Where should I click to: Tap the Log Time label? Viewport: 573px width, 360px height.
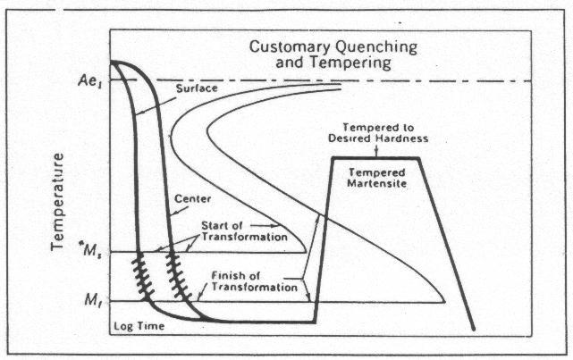coord(133,328)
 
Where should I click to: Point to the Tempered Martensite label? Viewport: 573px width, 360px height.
coord(374,179)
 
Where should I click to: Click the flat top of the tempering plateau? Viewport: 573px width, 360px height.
coord(375,158)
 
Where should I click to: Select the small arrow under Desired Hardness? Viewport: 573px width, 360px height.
coord(375,150)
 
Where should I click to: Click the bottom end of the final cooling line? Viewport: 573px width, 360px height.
coord(473,331)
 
